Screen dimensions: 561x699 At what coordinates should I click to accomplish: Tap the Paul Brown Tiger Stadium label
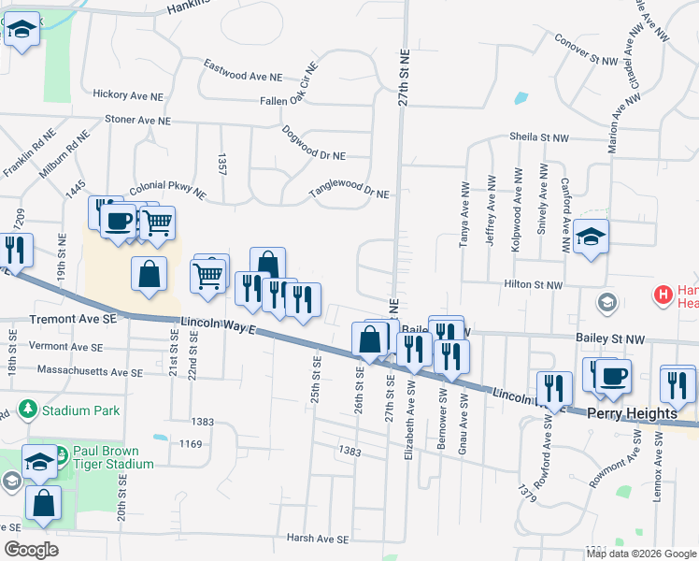(114, 458)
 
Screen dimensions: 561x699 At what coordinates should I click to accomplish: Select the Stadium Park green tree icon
(28, 410)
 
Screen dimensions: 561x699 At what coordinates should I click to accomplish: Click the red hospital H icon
(663, 295)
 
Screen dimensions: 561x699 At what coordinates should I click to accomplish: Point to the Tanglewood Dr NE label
(349, 194)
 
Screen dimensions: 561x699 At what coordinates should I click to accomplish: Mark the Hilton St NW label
(535, 284)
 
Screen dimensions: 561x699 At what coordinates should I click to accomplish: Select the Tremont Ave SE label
(72, 319)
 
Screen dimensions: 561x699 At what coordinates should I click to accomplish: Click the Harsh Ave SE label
(318, 539)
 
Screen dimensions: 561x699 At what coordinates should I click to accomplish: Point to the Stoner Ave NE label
(137, 121)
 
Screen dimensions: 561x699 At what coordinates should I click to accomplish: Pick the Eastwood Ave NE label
(243, 69)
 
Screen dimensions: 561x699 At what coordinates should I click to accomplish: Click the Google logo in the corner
(31, 550)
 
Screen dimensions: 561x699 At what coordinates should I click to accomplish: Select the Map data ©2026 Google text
(641, 554)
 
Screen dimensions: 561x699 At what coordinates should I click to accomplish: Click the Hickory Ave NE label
(130, 93)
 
